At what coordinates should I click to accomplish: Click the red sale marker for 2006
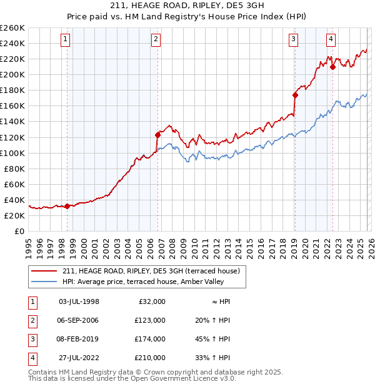157,134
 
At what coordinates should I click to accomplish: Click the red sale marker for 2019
294,95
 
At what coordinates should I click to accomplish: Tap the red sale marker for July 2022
332,67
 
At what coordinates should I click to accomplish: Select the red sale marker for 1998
67,206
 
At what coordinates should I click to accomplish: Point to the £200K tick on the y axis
12,74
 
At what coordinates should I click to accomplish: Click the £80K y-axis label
14,169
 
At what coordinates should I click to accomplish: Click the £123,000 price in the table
150,320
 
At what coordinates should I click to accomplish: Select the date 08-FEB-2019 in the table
78,339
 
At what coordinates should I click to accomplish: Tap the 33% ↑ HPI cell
212,358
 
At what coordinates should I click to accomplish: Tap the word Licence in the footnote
201,378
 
